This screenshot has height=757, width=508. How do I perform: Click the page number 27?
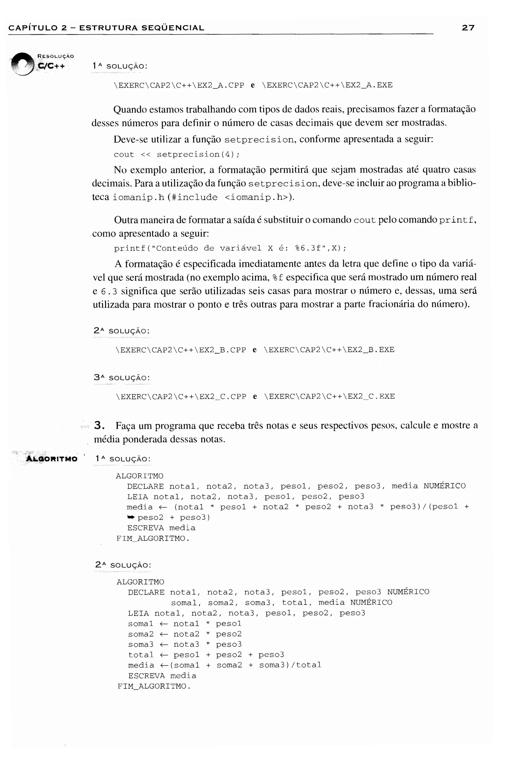point(468,28)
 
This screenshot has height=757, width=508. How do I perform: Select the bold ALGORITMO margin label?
point(52,459)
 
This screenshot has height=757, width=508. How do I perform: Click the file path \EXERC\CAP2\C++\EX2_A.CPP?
point(179,85)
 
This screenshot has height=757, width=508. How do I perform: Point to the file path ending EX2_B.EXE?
point(329,350)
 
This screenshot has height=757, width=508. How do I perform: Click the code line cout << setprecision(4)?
point(177,155)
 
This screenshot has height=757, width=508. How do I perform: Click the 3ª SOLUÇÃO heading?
point(122,378)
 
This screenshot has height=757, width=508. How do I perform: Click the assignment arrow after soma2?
point(164,634)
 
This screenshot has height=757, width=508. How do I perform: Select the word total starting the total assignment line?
point(141,655)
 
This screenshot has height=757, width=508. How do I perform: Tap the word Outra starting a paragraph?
point(126,220)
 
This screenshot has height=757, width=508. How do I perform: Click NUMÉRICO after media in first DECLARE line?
point(444,486)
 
